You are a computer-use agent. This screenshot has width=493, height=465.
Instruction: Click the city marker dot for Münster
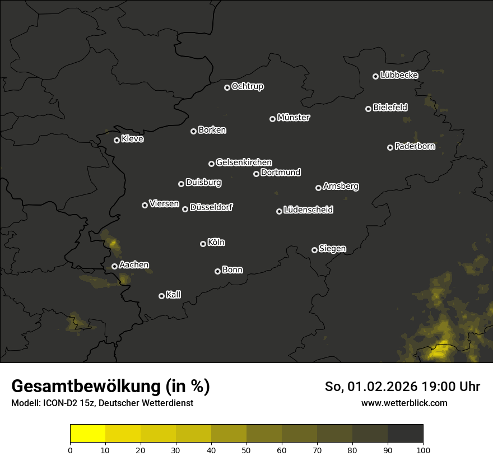tap(272, 119)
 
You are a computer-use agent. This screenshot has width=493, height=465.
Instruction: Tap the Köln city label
tap(216, 243)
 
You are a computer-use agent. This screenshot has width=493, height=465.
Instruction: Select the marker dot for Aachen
tap(114, 266)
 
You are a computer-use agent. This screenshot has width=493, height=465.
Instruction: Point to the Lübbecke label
tap(399, 75)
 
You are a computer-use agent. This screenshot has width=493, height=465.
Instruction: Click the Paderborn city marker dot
tap(390, 147)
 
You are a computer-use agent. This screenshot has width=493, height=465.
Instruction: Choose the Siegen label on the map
tap(332, 249)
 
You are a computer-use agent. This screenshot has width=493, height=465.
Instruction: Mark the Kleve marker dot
tap(117, 140)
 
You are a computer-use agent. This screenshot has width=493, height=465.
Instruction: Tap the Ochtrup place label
tap(247, 86)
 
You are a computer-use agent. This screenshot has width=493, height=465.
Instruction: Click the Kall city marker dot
tap(161, 296)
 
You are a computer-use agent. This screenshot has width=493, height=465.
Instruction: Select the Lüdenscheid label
tap(308, 210)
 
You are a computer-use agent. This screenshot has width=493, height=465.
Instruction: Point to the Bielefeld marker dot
tap(368, 109)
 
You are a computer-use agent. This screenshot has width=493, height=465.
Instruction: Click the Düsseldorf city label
tap(211, 207)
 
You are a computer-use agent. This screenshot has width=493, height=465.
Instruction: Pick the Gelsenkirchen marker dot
tap(211, 164)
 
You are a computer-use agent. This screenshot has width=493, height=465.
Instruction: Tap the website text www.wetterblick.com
tap(404, 403)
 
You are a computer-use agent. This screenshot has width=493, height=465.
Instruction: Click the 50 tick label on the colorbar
tap(246, 450)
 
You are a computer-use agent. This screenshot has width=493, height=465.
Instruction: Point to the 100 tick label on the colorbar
tap(423, 450)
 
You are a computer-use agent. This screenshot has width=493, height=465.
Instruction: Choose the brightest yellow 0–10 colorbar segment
tap(88, 434)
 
